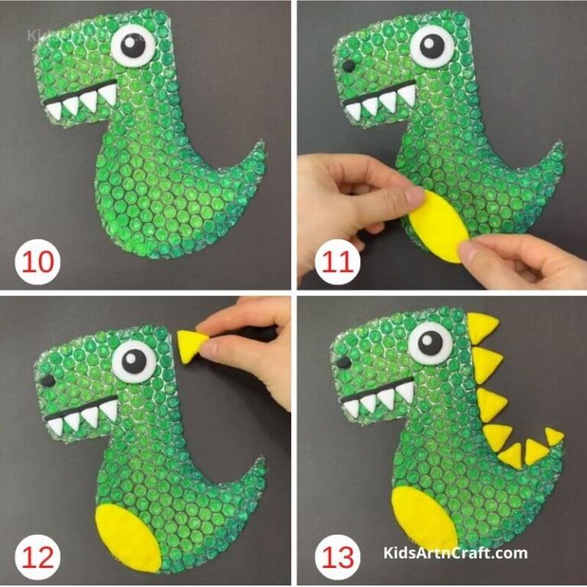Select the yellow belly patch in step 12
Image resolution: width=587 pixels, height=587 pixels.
pyautogui.click(x=129, y=536)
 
